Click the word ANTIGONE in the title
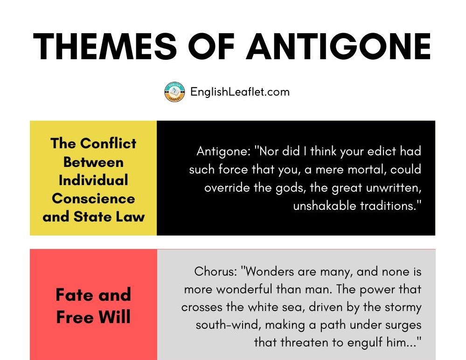pos(339,46)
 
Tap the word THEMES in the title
pos(105,46)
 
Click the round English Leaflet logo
pos(174,92)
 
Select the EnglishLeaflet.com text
pos(240,92)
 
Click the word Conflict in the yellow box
pos(108,144)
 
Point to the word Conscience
pos(93,198)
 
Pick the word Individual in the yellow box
pos(93,180)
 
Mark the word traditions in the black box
pos(391,206)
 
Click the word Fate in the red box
pos(75,295)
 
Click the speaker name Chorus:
pos(216,271)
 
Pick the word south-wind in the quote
pos(229,325)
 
